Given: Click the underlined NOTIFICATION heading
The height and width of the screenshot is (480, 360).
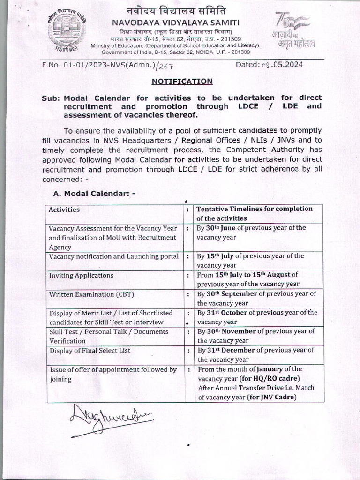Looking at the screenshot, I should click(182, 82).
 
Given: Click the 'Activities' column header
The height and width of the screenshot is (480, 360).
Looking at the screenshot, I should click(64, 210).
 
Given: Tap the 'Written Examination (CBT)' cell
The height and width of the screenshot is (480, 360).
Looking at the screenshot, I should click(89, 294).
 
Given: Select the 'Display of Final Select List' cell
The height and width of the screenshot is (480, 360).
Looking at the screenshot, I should click(90, 350).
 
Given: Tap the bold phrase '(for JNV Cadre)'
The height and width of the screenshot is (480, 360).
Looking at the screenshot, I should click(273, 397).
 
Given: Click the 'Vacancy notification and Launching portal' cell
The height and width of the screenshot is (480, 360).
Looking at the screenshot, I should click(113, 256).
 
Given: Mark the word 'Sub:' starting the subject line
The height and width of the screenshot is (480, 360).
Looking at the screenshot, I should click(51, 97).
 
